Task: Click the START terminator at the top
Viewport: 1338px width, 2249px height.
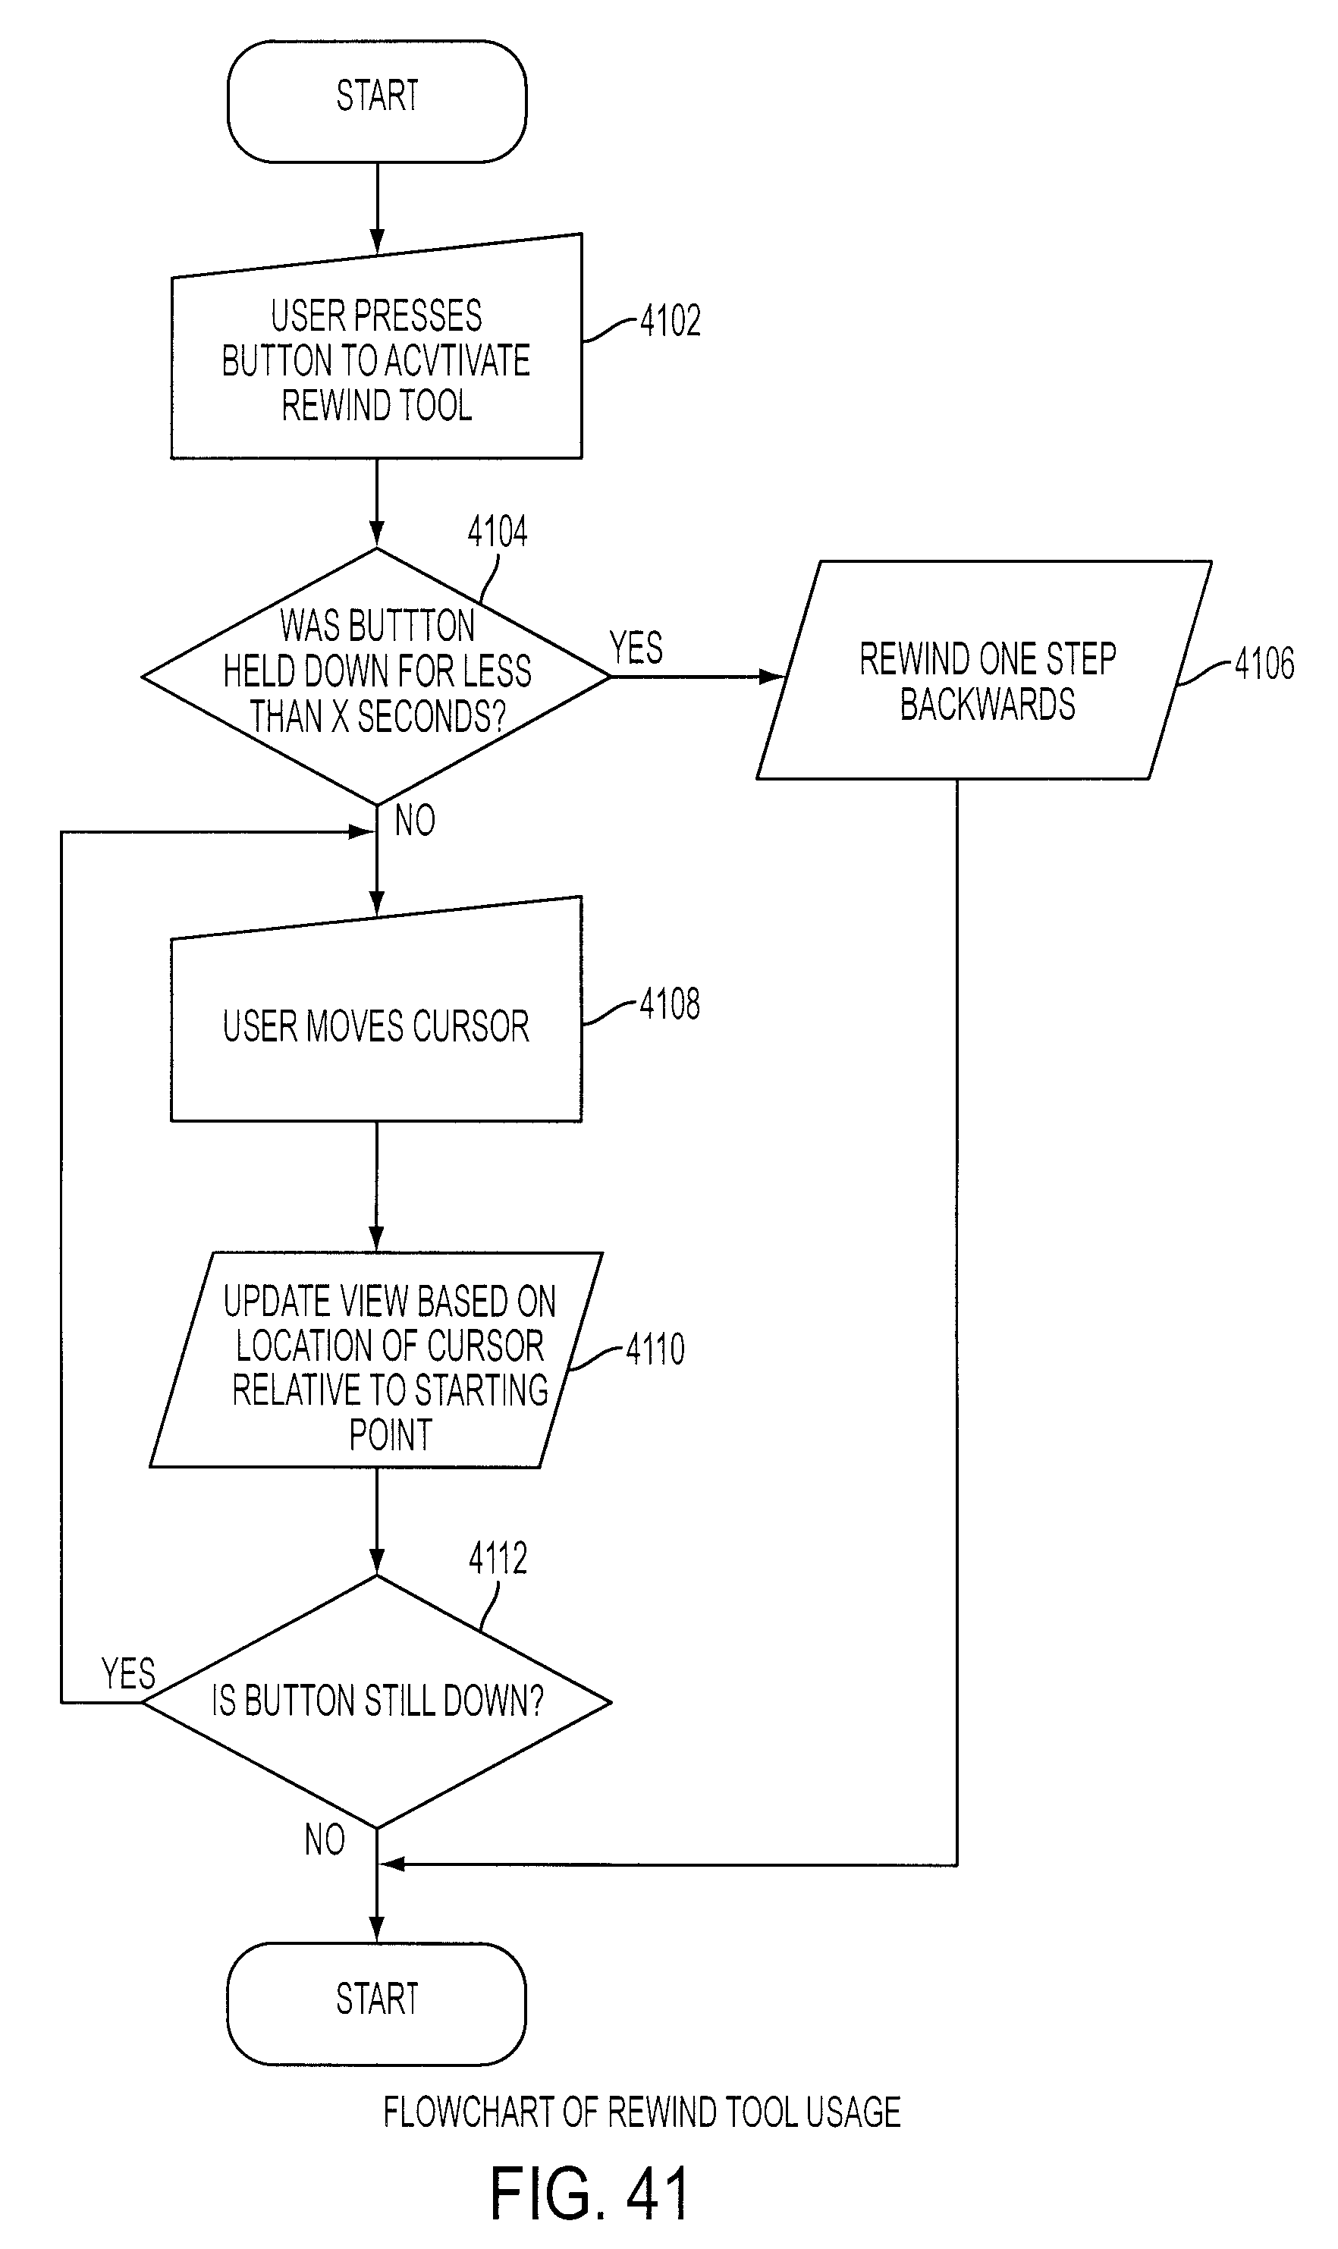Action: [x=377, y=101]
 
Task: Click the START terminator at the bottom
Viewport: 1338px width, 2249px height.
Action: [x=377, y=2003]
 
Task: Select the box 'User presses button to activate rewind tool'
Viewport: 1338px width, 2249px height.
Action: [x=377, y=351]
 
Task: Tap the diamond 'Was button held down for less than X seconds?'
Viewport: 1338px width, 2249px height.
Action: [x=377, y=676]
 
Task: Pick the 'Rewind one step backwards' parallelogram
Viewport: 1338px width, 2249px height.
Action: [x=985, y=670]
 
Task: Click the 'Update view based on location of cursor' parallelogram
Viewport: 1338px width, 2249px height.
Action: [x=376, y=1359]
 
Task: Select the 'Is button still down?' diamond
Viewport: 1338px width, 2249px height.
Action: [x=377, y=1701]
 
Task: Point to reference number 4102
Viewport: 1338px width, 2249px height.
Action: [x=670, y=321]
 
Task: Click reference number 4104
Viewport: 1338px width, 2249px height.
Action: [x=498, y=532]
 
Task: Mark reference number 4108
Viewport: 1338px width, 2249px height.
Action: [x=670, y=1004]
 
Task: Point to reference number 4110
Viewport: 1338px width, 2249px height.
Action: [x=655, y=1349]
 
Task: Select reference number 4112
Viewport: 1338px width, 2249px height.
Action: [x=498, y=1558]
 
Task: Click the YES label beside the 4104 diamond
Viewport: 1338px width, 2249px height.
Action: [x=636, y=647]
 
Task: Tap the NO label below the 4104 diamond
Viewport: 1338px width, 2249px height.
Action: [x=415, y=820]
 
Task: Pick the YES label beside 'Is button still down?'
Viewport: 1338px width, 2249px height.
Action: [x=129, y=1674]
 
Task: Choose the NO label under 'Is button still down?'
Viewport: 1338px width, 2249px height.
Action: [x=325, y=1839]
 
